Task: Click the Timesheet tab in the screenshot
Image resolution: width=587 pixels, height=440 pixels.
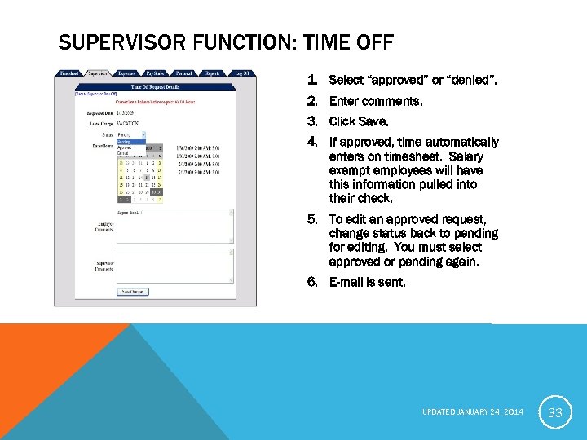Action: click(x=69, y=73)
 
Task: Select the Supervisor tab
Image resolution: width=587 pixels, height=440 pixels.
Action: click(x=98, y=73)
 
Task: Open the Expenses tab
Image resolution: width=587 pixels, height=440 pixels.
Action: click(x=126, y=73)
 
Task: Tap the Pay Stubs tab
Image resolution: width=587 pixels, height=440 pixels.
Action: click(x=155, y=73)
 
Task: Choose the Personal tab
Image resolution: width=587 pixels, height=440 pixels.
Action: click(x=183, y=73)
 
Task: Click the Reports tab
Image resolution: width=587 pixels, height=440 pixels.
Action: click(x=212, y=73)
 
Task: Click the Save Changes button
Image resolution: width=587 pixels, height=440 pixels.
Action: click(x=134, y=291)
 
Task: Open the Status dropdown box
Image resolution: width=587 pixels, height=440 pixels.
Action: click(x=130, y=134)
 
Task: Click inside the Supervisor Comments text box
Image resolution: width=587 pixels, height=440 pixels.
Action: click(x=174, y=266)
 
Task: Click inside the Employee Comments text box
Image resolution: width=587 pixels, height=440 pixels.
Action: click(x=174, y=226)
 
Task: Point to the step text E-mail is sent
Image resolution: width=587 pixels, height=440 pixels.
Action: click(x=366, y=282)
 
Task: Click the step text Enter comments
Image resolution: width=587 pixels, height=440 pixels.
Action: click(x=376, y=101)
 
